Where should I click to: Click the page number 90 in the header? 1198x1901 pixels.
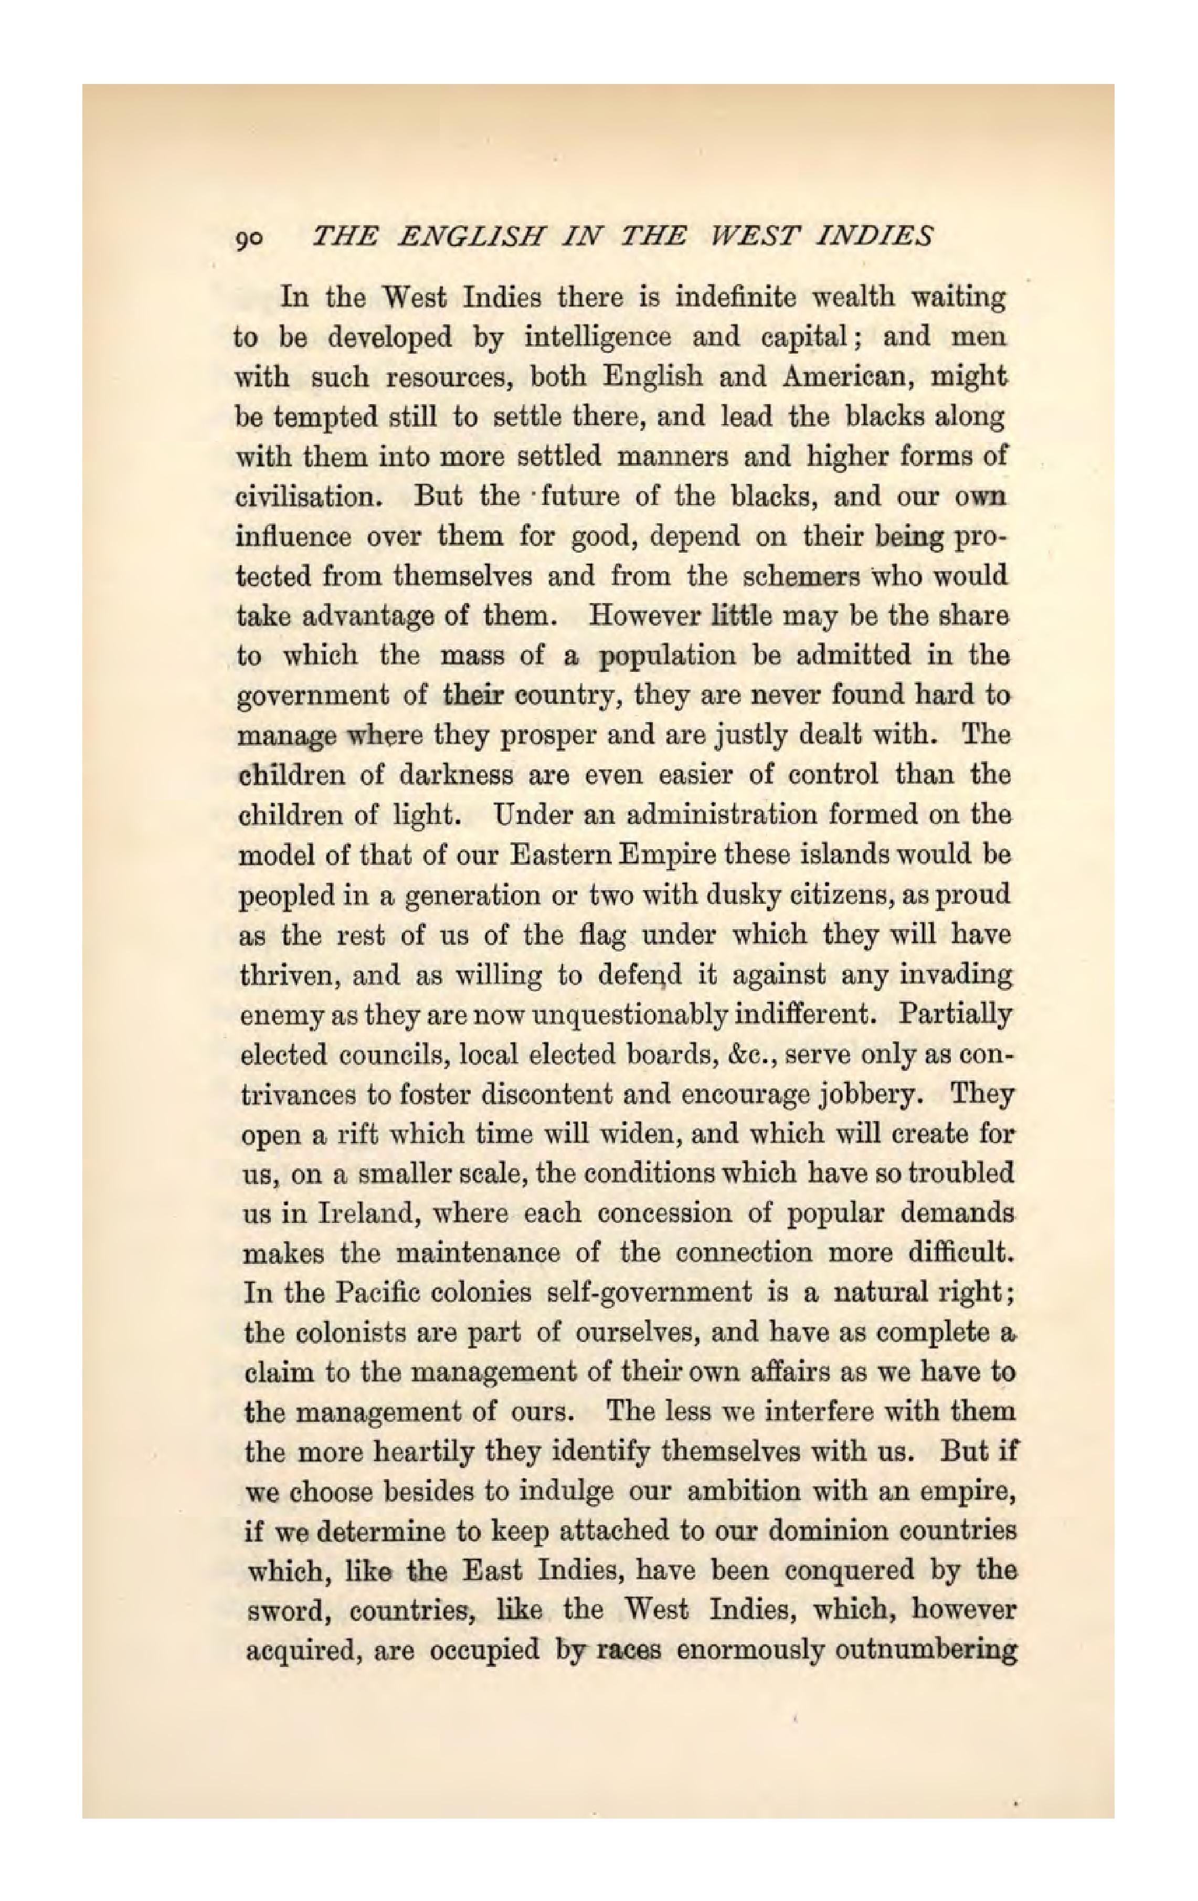[250, 238]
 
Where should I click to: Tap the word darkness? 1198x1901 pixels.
[455, 775]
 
